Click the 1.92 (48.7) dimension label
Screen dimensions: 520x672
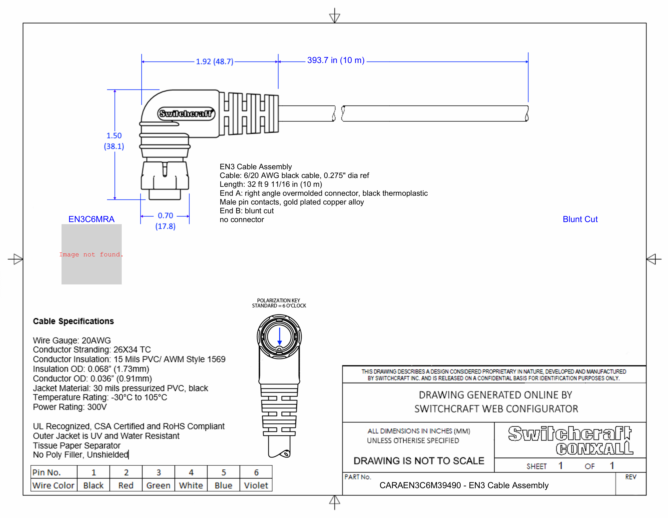pos(214,62)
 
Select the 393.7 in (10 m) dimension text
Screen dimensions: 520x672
pos(336,60)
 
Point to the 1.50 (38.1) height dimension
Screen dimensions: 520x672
pos(114,141)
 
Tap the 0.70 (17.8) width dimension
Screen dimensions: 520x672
pos(165,221)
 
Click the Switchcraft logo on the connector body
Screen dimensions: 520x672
pos(186,114)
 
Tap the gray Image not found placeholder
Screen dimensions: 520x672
pos(91,254)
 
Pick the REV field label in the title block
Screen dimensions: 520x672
pos(630,477)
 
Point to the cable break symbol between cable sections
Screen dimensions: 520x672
pos(338,113)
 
